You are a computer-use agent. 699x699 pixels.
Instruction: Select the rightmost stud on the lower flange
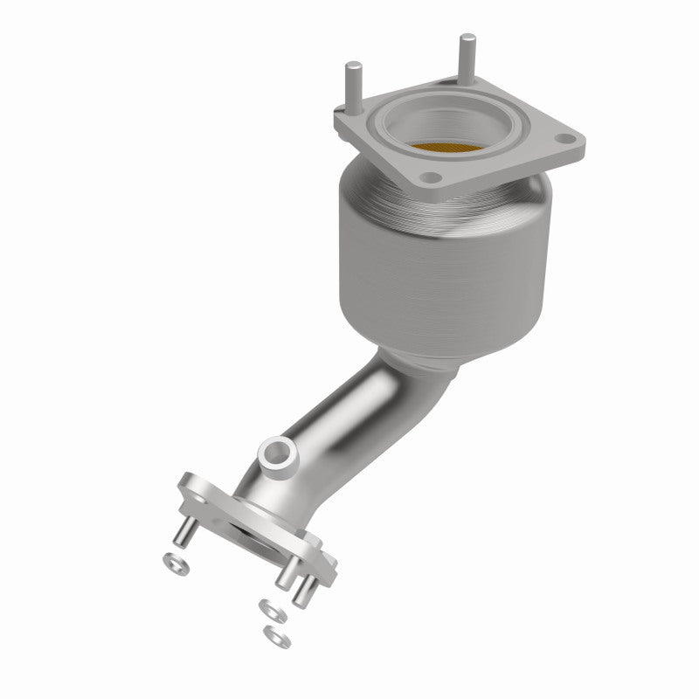coord(305,587)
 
